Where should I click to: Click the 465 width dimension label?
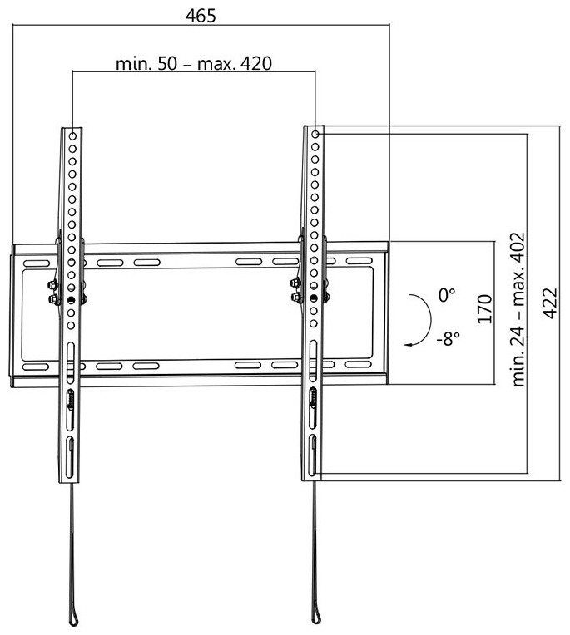(x=201, y=16)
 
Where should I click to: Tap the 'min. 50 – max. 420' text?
(x=194, y=63)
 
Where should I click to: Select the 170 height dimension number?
(x=485, y=309)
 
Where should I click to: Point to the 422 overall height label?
(x=550, y=303)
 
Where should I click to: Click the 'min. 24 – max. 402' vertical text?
(x=518, y=309)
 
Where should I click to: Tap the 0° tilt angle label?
(x=446, y=295)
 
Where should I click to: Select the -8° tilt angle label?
(x=449, y=338)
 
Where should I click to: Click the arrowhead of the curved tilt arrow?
(x=409, y=345)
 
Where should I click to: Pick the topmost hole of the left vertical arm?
(x=72, y=136)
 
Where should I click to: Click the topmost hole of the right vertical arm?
(x=315, y=134)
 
